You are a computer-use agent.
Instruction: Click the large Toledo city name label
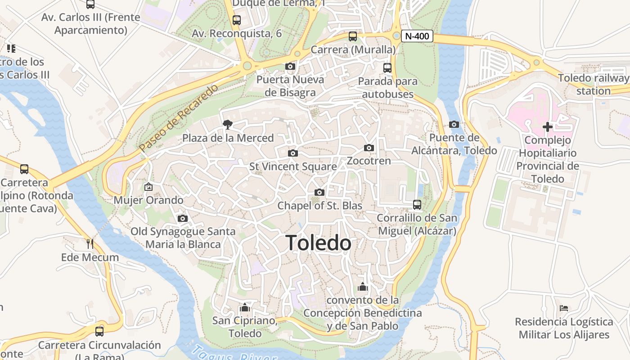coord(319,243)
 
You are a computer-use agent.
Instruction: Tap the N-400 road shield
coord(417,36)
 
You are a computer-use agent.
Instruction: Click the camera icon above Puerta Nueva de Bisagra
coord(290,67)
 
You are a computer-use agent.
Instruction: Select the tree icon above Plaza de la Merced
coord(228,124)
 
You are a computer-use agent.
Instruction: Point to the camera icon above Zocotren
coord(369,148)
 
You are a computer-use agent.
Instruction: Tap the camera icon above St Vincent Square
coord(292,153)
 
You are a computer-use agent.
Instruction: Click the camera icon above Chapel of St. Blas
coord(319,193)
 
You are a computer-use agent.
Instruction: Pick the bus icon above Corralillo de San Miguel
coord(417,205)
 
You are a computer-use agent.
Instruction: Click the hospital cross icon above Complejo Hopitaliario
coord(547,127)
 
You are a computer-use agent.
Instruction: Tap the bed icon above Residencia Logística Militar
coord(564,308)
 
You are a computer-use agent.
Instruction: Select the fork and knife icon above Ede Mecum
coord(90,244)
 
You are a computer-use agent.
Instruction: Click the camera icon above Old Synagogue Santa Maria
coord(182,218)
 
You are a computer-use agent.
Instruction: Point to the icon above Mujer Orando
coord(148,186)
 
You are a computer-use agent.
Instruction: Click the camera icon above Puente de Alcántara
coord(454,124)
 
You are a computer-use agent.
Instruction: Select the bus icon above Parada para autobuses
coord(387,68)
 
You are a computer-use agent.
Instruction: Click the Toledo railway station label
coord(594,84)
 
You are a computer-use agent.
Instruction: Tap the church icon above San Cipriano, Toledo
coord(244,308)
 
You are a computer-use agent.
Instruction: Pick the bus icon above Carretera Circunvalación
coord(99,332)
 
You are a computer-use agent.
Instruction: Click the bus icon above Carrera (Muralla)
coord(353,36)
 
